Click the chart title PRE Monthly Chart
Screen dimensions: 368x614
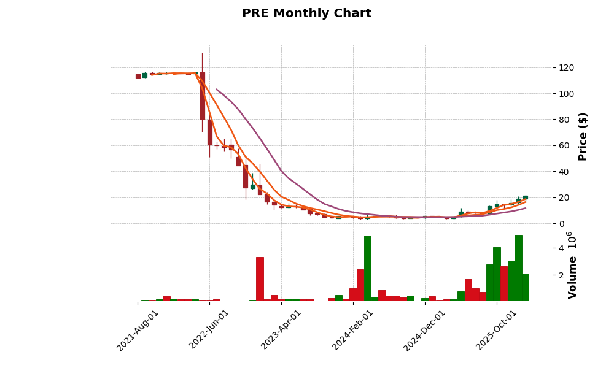click(x=306, y=13)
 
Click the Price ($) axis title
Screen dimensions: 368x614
click(x=583, y=136)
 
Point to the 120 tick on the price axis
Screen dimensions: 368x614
click(x=550, y=67)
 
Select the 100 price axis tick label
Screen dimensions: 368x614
click(x=550, y=94)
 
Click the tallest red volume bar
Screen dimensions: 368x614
click(x=260, y=279)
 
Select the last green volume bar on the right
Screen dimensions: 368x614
click(x=525, y=287)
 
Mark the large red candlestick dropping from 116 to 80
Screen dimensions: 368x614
click(x=203, y=96)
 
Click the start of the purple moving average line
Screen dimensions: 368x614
click(x=216, y=90)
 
